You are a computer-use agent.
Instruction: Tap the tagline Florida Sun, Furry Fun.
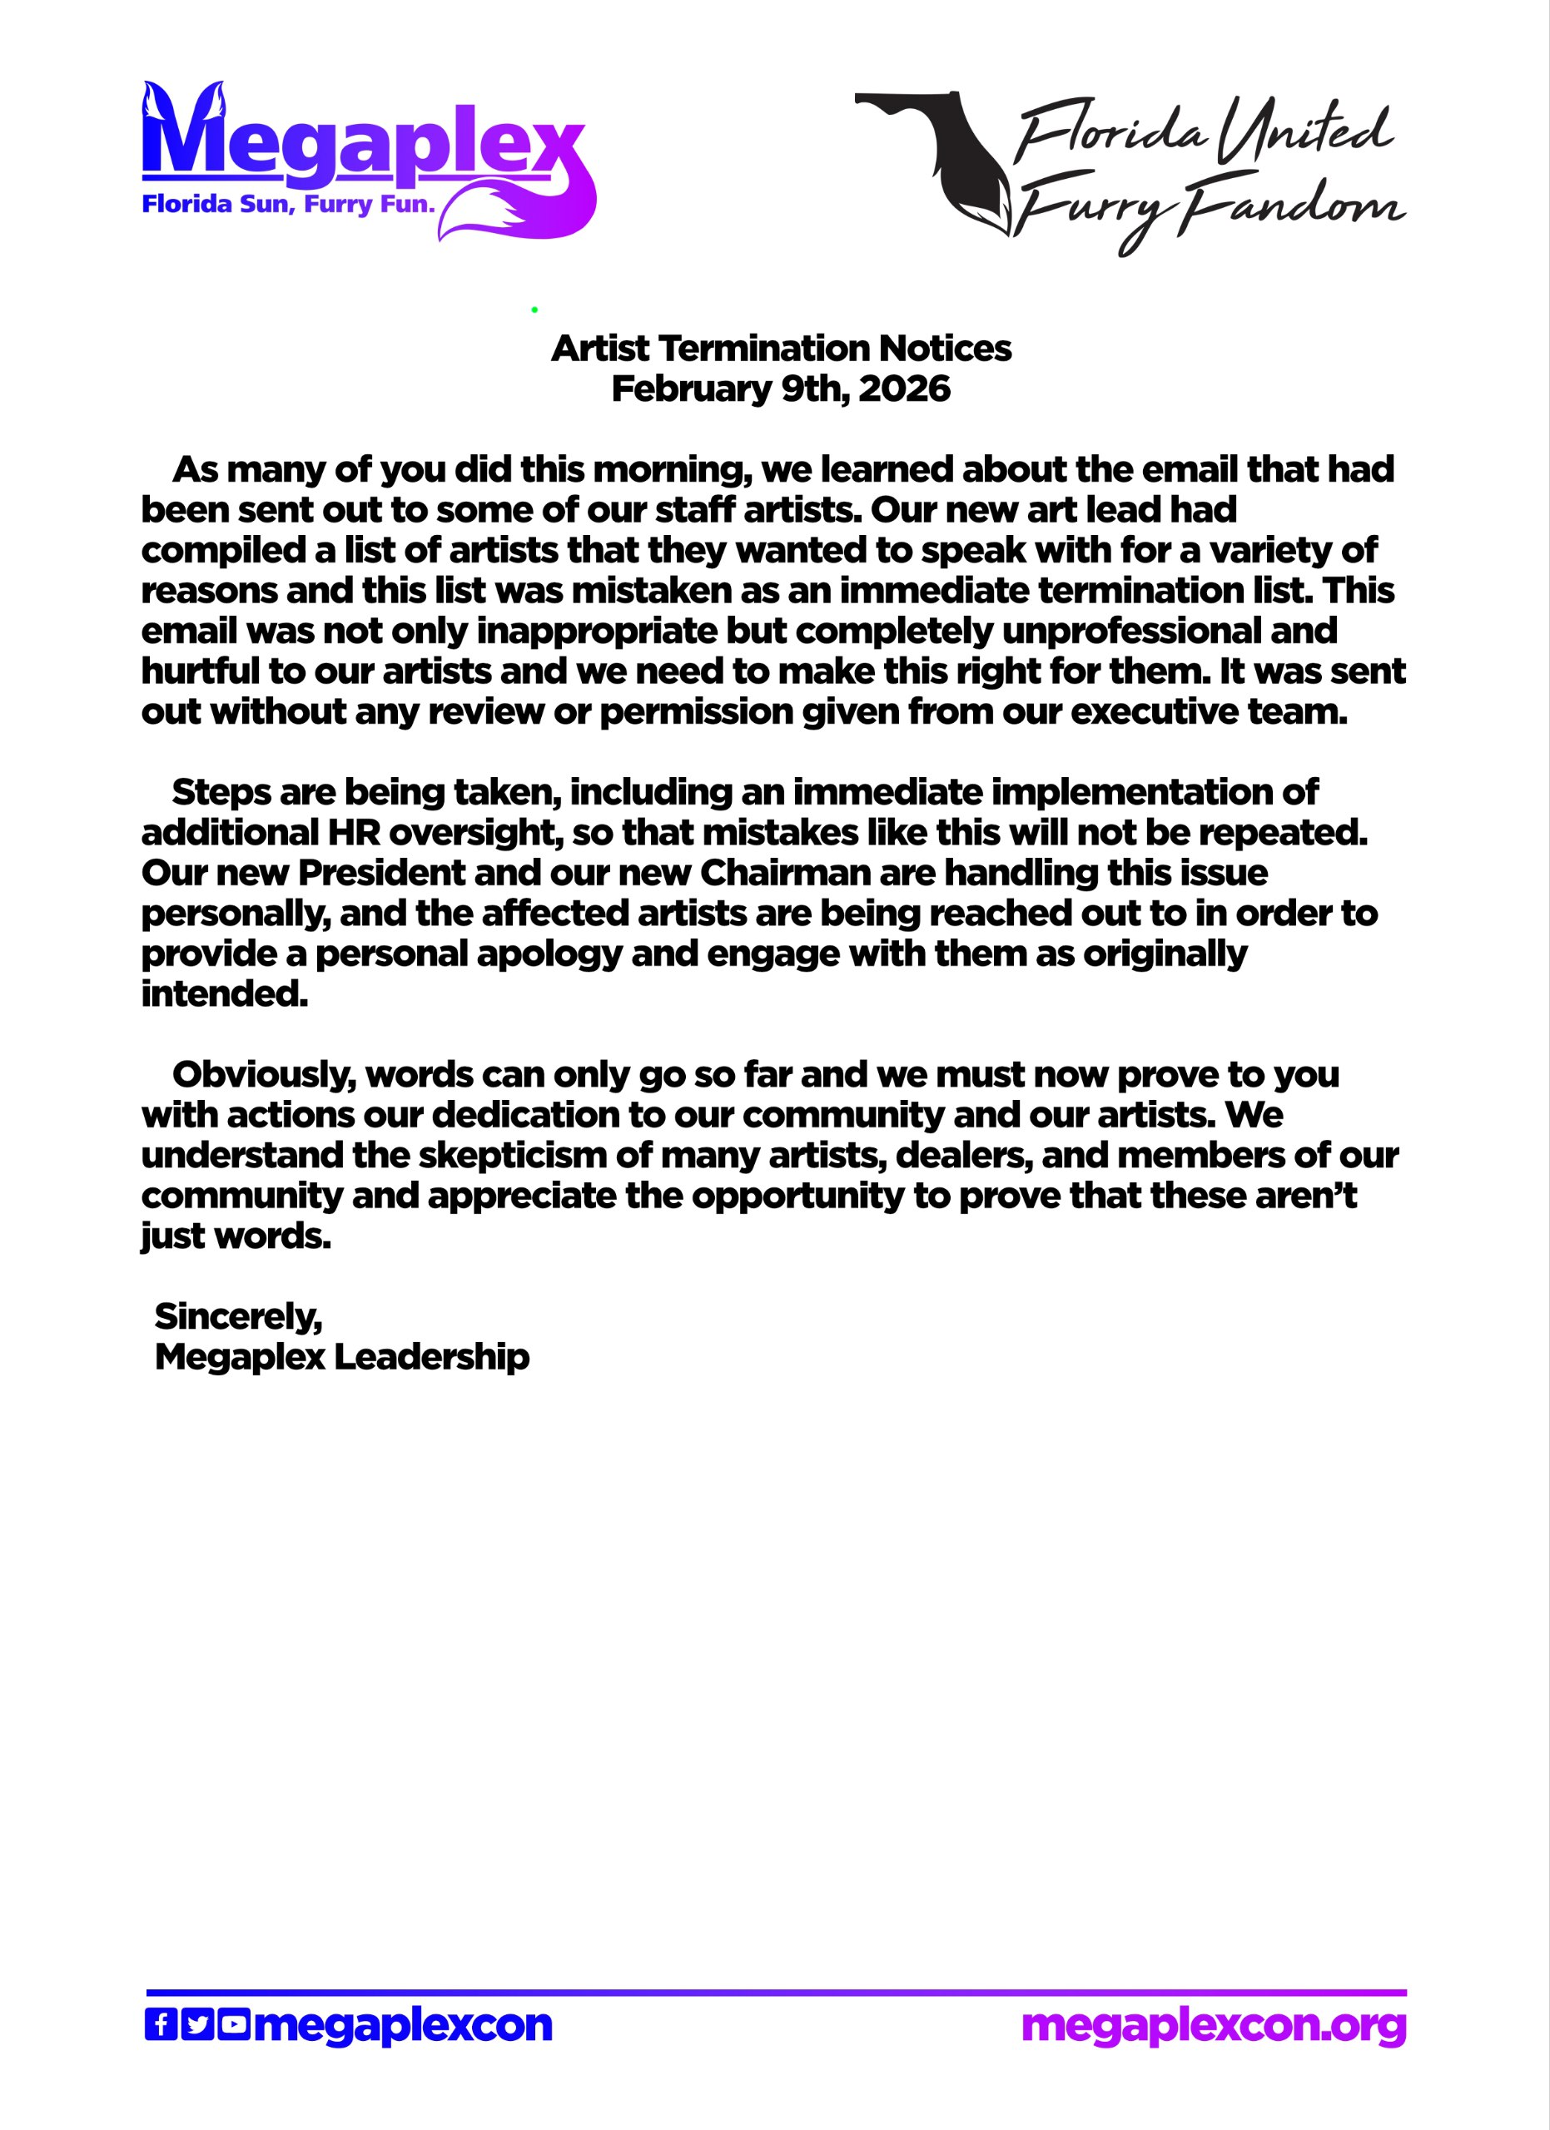287,205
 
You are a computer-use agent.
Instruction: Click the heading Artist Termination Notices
781,349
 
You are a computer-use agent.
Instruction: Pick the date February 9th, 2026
781,389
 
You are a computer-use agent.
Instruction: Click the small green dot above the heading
534,309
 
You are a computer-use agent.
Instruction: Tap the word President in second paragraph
381,874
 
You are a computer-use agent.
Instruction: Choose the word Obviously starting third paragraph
263,1075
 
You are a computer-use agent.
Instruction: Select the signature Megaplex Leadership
342,1357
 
